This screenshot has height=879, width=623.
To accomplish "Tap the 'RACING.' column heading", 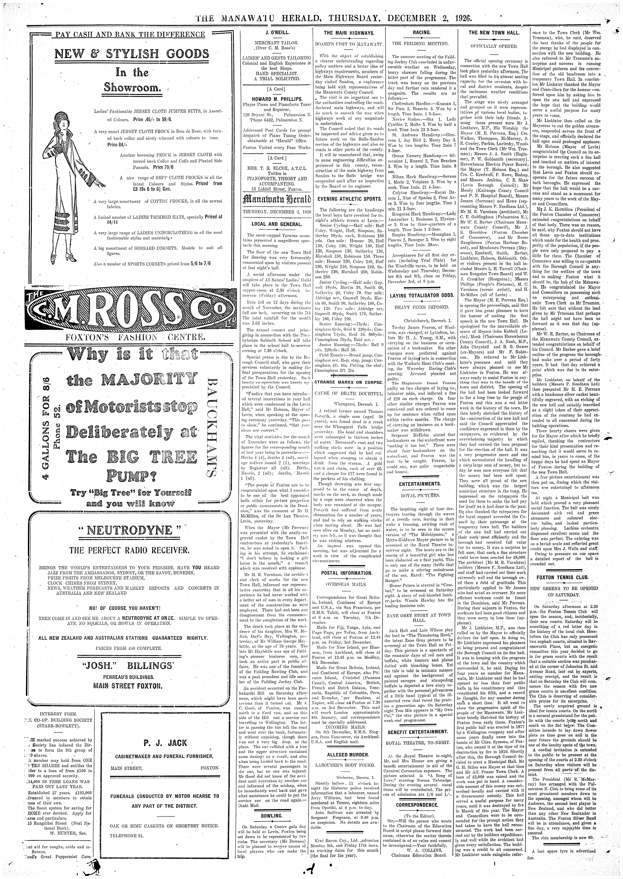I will coord(421,33).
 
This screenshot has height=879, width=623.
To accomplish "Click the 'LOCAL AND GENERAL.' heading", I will coord(272,224).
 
